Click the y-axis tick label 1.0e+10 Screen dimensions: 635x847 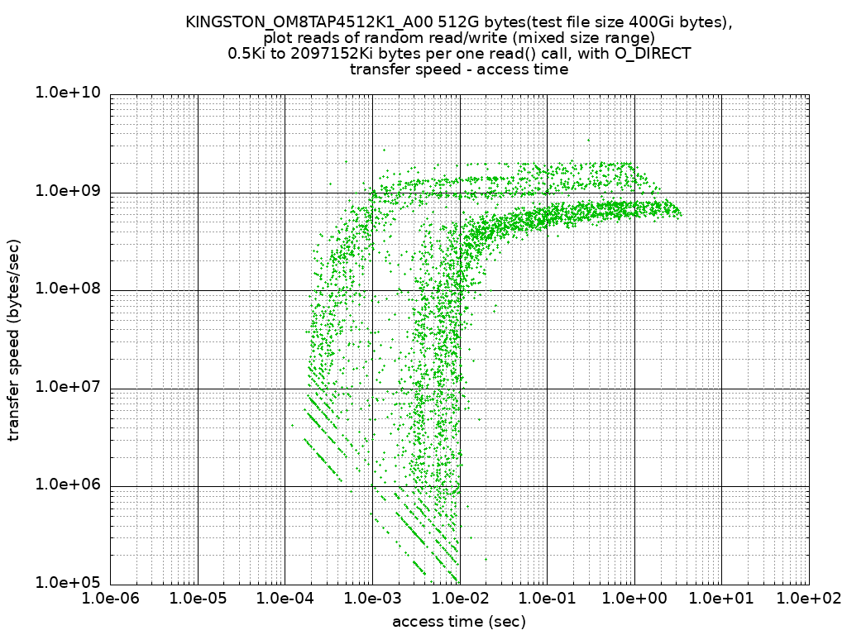coord(67,93)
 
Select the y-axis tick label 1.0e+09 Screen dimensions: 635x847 coord(67,191)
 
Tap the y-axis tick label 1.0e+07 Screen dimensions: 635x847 coord(67,387)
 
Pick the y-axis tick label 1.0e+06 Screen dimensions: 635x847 coord(67,485)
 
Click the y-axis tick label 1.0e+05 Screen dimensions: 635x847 coord(67,582)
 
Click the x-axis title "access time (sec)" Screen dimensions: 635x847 coord(459,621)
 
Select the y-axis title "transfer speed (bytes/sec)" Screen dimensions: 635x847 coord(14,340)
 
